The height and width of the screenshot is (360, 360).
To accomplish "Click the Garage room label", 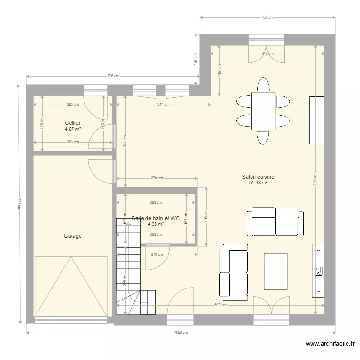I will tap(72, 236).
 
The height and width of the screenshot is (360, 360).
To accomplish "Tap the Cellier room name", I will tap(72, 123).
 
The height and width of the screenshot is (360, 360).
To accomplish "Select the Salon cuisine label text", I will tap(258, 177).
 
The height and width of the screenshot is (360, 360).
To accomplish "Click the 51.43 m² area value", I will tap(258, 183).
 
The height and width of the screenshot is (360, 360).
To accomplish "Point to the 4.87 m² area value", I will tap(72, 129).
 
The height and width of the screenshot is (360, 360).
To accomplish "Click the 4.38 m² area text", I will tap(156, 224).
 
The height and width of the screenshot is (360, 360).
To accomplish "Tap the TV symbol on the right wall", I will tap(318, 271).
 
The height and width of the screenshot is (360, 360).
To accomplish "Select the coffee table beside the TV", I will tap(276, 272).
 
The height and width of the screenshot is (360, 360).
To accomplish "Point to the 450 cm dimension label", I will tap(267, 18).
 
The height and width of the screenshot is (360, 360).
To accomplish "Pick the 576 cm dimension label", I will tap(112, 76).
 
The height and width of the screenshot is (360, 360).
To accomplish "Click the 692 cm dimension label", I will tap(220, 305).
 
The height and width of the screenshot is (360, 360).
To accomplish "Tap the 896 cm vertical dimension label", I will tap(315, 179).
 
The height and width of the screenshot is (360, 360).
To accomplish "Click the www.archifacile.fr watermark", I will tap(330, 344).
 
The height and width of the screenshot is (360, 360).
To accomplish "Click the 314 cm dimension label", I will tap(163, 104).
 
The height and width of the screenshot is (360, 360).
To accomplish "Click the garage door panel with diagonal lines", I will tap(71, 286).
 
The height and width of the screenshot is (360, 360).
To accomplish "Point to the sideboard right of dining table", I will tap(316, 120).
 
